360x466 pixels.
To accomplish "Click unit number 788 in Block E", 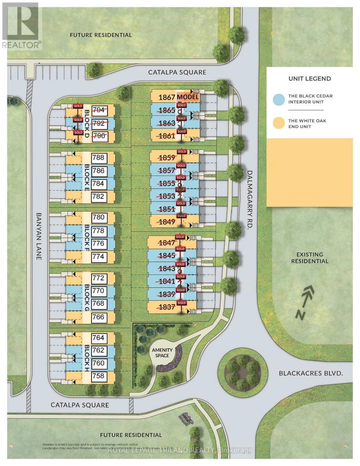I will [98, 158].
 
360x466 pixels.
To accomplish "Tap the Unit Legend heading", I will [310, 78].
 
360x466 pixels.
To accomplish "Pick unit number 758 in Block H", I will [98, 376].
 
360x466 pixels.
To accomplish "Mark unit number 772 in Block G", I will [98, 278].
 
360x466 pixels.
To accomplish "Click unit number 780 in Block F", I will [98, 217].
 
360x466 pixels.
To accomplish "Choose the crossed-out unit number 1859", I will [167, 158].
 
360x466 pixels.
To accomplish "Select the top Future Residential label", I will [100, 35].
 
